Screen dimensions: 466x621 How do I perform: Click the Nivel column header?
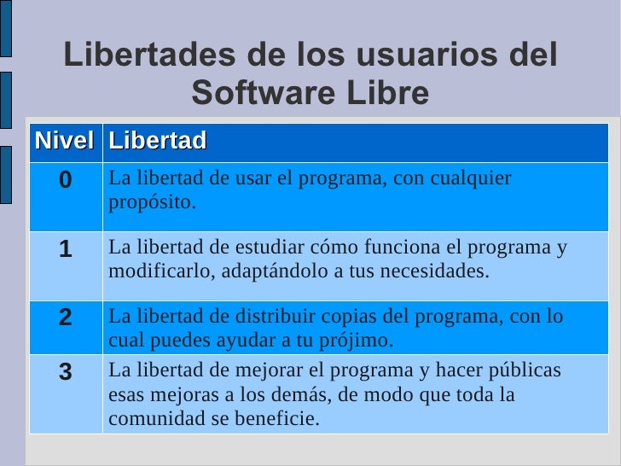click(64, 141)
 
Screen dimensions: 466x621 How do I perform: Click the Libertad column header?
click(158, 141)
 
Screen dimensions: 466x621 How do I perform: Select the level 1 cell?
click(66, 249)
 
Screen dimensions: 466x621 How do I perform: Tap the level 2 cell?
click(66, 317)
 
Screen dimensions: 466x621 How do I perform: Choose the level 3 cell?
click(66, 371)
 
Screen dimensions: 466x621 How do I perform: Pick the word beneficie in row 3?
click(277, 419)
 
